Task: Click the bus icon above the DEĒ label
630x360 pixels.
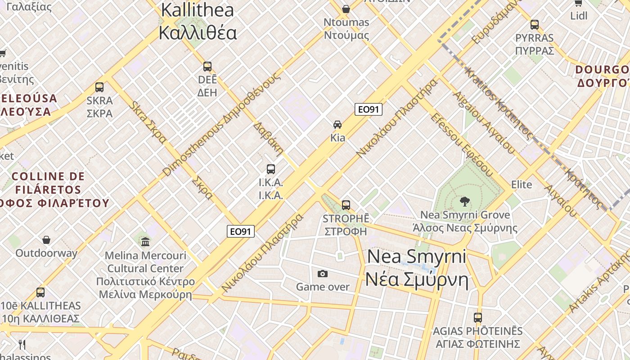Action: tap(207, 67)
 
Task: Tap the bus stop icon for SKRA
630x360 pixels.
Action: tap(99, 87)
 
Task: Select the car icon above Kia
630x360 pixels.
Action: tap(337, 124)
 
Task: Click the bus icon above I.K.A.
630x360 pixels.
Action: tap(270, 169)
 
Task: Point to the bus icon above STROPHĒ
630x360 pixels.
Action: tap(346, 205)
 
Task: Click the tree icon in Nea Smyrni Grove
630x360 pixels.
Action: tap(465, 202)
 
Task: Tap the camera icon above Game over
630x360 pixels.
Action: tap(323, 274)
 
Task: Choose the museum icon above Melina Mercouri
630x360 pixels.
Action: tap(145, 243)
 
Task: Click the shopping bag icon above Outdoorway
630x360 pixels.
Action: tap(46, 240)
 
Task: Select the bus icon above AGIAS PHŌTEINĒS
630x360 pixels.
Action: tap(477, 318)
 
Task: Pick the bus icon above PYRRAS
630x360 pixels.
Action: tap(535, 25)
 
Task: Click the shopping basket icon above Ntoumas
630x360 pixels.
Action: tap(346, 9)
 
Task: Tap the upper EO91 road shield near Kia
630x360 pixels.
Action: tap(368, 109)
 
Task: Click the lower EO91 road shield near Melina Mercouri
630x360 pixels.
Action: tap(241, 231)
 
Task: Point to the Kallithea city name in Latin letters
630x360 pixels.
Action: tap(198, 10)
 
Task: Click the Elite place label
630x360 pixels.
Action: tap(522, 184)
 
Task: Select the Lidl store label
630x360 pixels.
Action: tap(579, 16)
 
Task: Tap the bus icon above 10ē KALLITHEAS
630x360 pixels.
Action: tap(40, 292)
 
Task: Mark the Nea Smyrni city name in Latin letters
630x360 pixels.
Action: tap(417, 256)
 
